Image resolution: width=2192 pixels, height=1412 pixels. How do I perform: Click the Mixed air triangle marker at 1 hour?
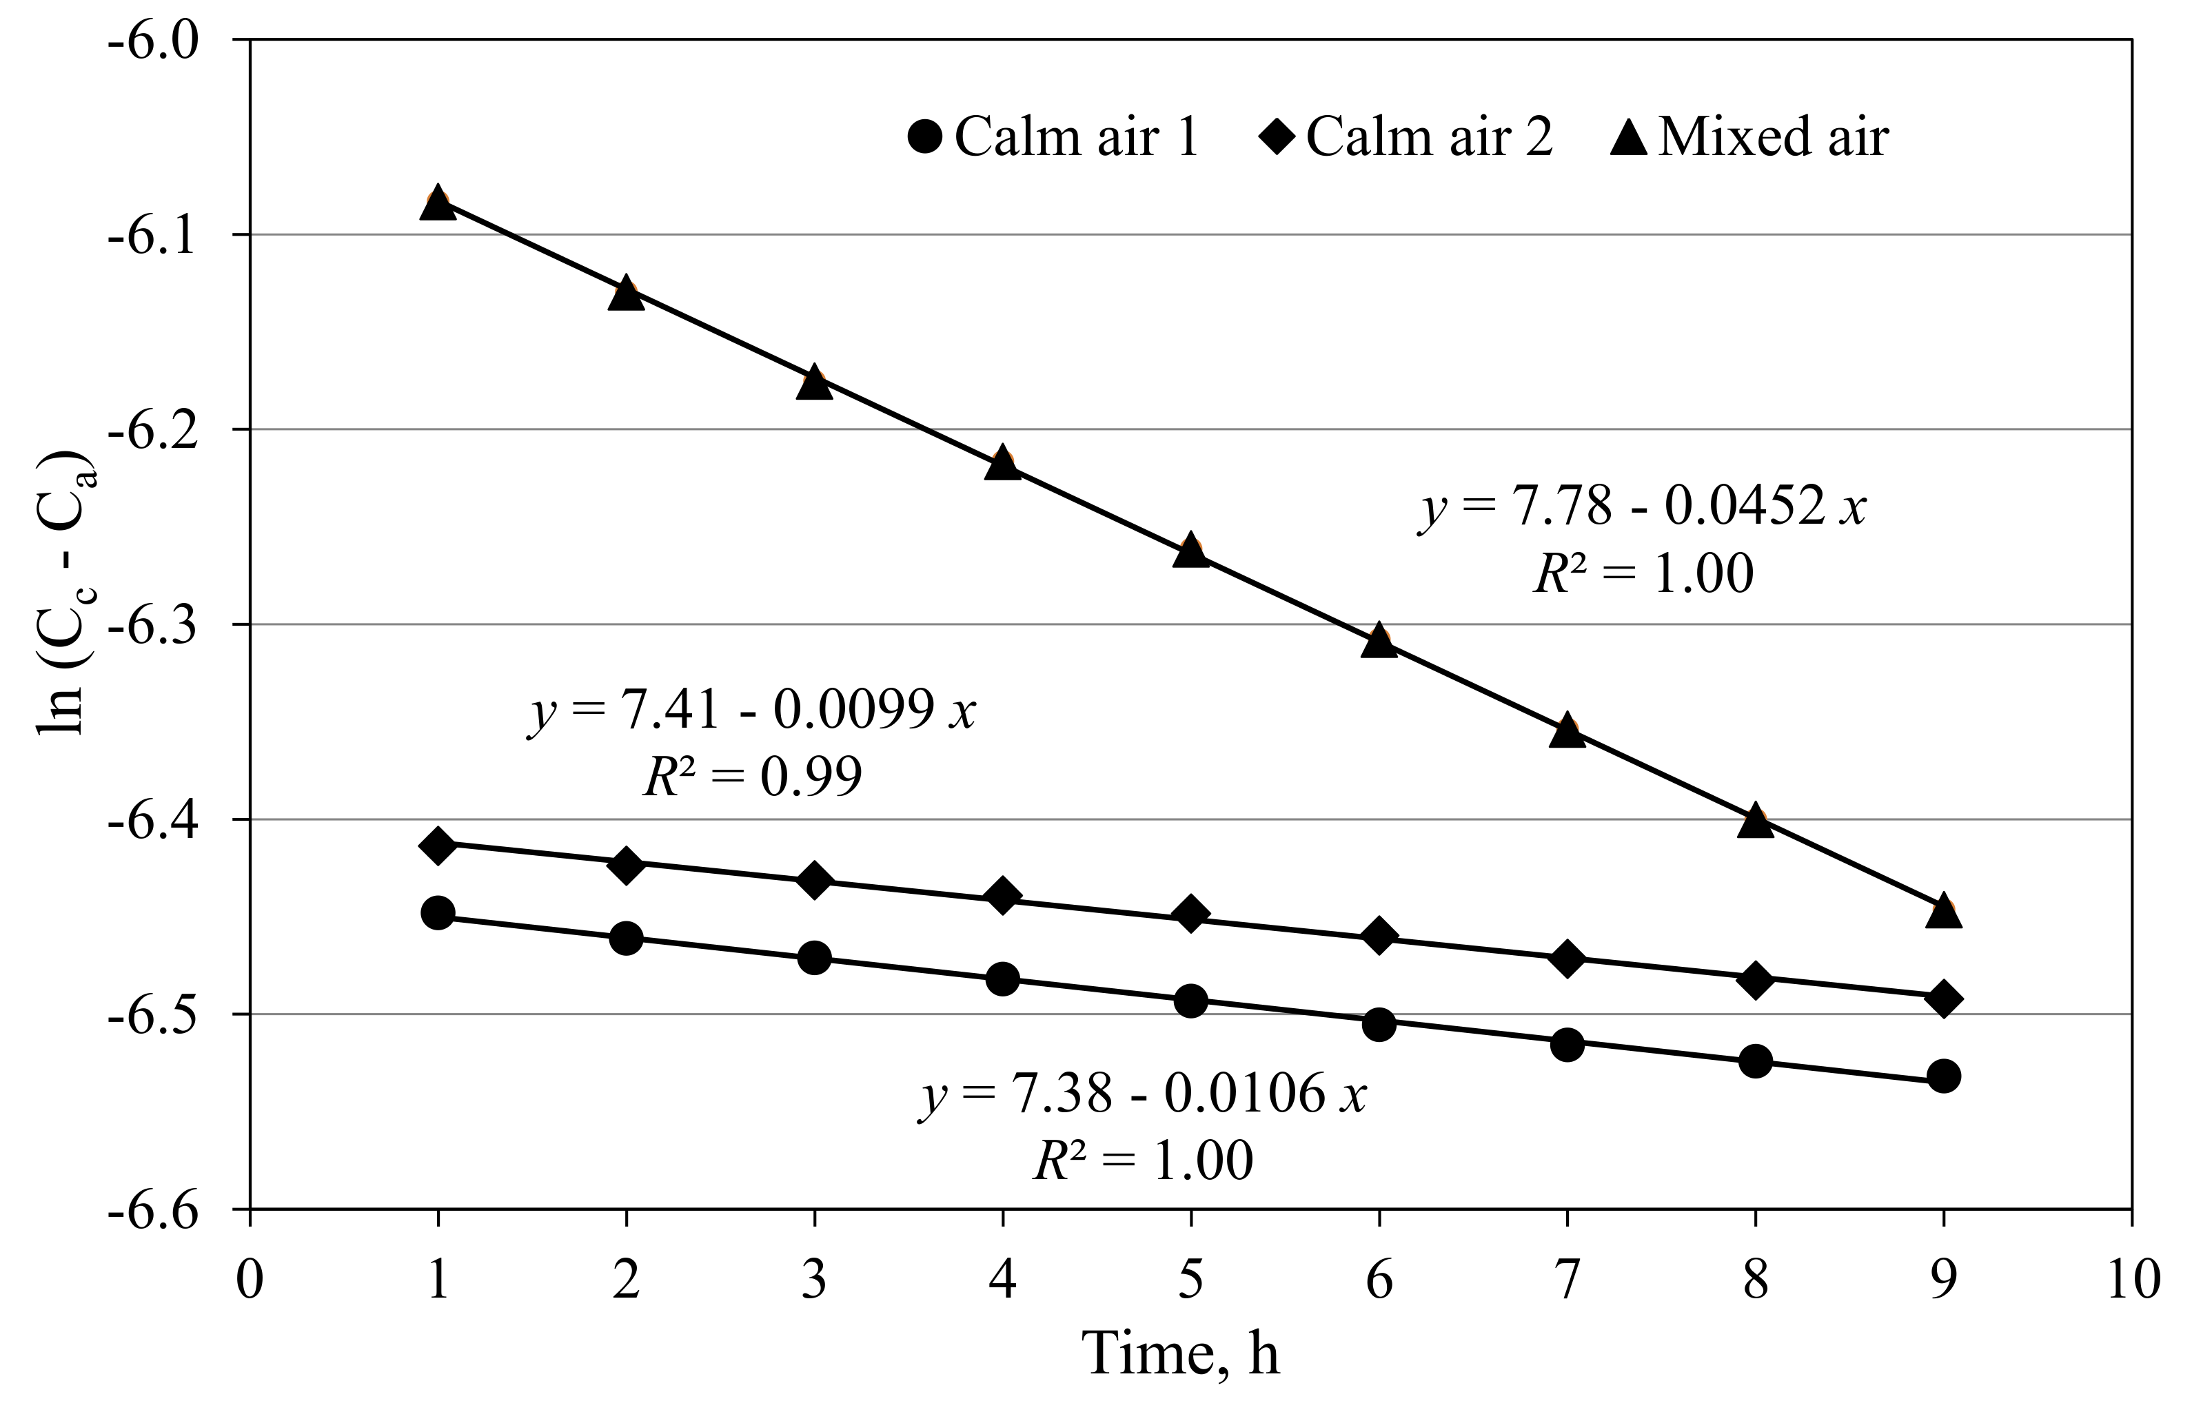coord(438,203)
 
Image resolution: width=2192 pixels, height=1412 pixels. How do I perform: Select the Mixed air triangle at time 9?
coord(1943,912)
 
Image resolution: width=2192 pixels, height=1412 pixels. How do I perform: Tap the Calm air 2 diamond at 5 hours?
coord(1190,914)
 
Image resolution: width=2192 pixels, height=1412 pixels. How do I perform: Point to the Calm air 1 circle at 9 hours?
coord(1943,1076)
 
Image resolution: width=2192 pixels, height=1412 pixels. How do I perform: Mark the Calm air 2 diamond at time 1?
coord(438,846)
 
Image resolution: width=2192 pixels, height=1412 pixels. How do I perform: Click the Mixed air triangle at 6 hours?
coord(1379,641)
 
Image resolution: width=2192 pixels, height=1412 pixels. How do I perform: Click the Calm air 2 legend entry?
coord(1406,138)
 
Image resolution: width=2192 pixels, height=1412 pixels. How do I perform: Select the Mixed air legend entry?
coord(1750,138)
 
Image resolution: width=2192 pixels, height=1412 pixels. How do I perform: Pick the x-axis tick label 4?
coord(1002,1279)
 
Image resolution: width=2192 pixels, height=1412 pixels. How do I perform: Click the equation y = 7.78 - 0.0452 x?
coord(1642,506)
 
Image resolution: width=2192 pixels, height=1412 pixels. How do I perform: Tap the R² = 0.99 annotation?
coord(752,777)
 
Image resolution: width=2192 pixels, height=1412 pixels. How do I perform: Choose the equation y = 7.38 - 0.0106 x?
coord(1143,1094)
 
